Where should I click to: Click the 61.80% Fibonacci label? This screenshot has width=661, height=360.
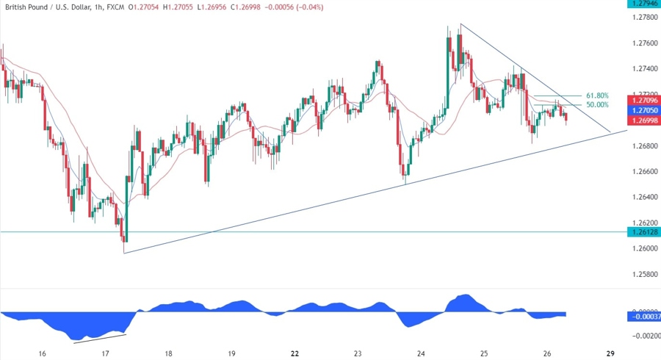click(x=597, y=96)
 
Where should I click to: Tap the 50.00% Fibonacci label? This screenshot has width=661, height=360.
click(x=597, y=106)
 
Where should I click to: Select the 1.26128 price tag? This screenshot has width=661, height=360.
click(x=643, y=231)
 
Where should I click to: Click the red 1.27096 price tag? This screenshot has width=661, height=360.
click(x=643, y=99)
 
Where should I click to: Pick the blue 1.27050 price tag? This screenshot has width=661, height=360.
click(x=643, y=109)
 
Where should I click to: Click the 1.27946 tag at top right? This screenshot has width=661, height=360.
click(x=643, y=4)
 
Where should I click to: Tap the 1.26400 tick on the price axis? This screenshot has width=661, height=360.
click(x=643, y=197)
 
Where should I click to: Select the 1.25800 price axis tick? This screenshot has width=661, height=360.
click(x=643, y=273)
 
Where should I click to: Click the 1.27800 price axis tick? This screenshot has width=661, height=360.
click(x=643, y=17)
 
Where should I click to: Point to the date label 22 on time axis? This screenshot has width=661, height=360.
click(x=295, y=353)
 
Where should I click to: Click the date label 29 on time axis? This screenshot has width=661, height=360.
click(x=610, y=353)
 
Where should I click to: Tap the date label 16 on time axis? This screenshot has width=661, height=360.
click(x=42, y=353)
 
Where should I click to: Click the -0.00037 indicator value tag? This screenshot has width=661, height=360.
click(x=643, y=317)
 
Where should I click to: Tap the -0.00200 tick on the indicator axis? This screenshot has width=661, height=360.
click(x=643, y=336)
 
